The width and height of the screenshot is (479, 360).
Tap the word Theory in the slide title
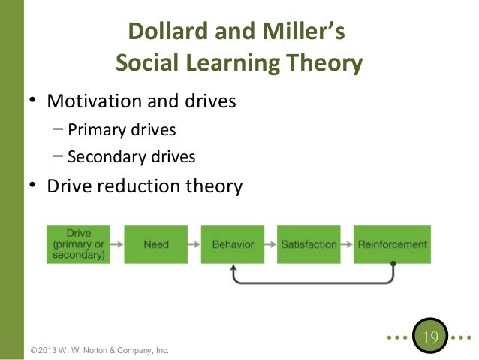click(x=324, y=64)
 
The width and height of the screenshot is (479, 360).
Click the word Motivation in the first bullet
click(x=95, y=99)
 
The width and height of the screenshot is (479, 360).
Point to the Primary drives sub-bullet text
click(x=122, y=129)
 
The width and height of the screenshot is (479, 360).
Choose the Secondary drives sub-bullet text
click(x=131, y=156)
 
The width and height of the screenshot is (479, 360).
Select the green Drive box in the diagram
click(x=79, y=244)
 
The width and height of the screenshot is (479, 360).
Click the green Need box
click(x=156, y=244)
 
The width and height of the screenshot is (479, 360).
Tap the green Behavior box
click(x=233, y=244)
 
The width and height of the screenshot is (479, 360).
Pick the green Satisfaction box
click(x=309, y=244)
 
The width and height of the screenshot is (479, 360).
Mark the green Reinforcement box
click(x=392, y=244)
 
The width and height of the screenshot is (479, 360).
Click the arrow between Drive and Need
click(x=118, y=244)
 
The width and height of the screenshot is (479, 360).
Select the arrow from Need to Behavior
click(x=194, y=244)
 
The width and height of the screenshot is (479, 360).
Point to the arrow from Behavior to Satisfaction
click(x=271, y=244)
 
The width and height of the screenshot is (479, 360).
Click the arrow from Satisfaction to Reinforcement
click(x=346, y=244)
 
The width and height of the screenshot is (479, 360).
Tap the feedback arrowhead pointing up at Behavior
click(x=234, y=268)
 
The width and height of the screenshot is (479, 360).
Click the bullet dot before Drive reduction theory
click(x=33, y=186)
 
